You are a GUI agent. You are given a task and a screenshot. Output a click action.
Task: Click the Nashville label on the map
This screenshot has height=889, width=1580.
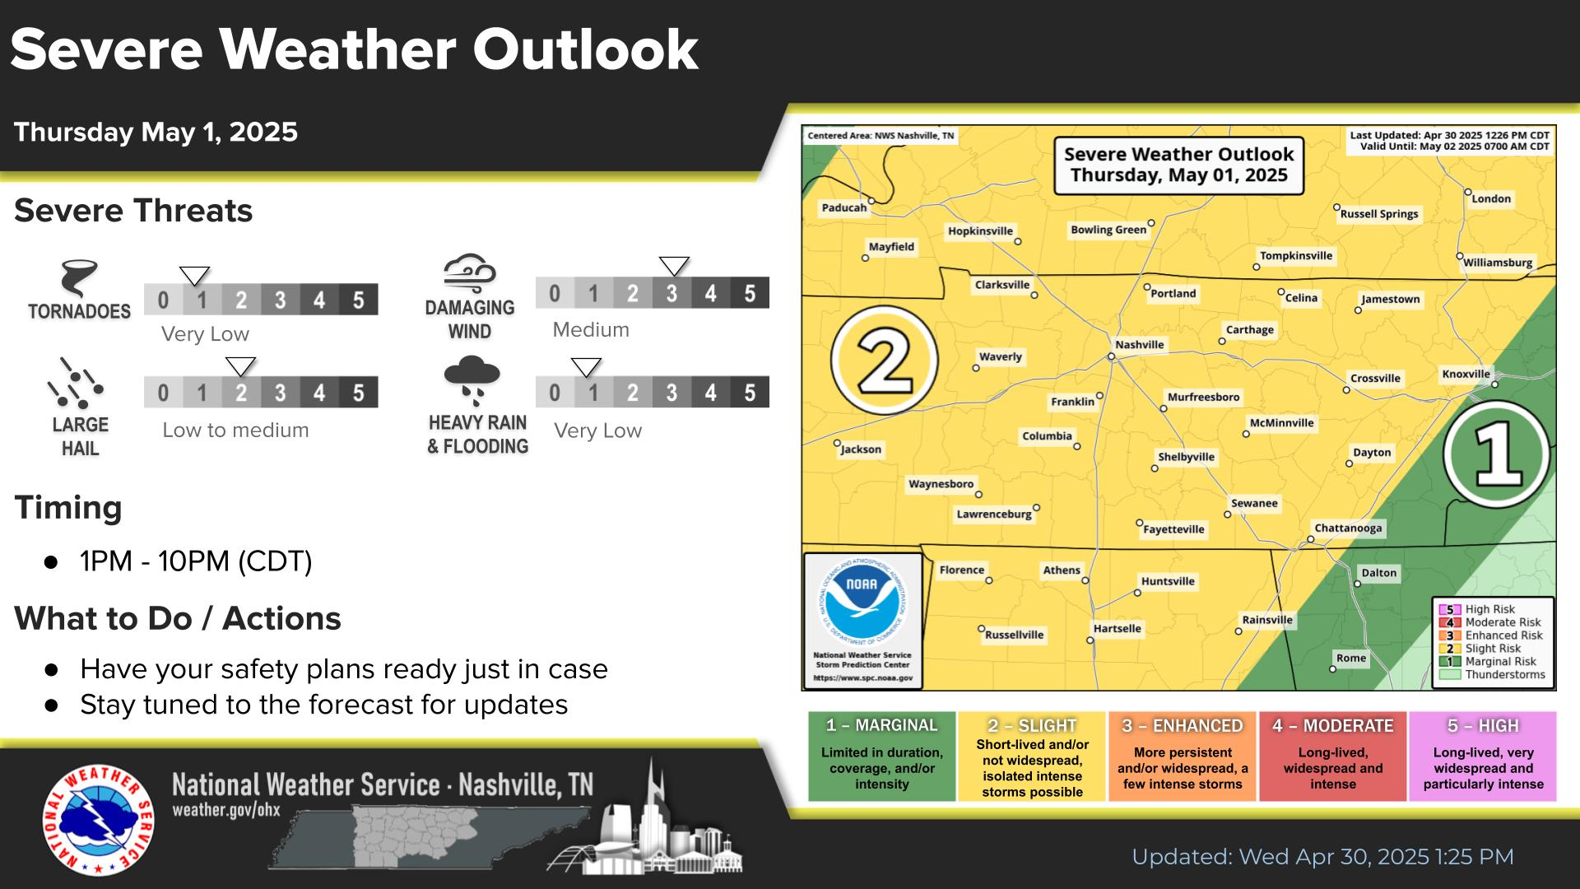coord(1139,345)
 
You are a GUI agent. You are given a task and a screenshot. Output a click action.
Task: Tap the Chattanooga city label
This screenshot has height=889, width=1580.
coord(1348,528)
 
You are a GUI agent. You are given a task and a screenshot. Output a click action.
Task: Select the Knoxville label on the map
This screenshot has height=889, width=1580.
coord(1466,374)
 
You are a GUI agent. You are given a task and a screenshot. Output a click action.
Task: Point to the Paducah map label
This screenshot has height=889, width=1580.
coord(844,207)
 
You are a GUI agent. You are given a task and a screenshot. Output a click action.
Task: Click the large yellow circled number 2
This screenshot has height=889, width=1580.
coord(885,360)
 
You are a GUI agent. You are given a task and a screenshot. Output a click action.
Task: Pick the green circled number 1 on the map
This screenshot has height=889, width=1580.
coord(1498,454)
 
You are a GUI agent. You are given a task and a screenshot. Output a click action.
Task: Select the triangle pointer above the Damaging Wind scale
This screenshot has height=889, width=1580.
coord(674,266)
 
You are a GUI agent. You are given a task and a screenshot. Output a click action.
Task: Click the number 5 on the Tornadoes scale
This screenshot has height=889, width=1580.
coord(358,300)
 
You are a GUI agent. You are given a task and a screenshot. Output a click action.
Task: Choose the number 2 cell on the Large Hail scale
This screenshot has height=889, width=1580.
coord(241,393)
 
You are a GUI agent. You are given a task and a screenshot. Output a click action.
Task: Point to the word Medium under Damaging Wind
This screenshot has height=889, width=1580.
coord(591,330)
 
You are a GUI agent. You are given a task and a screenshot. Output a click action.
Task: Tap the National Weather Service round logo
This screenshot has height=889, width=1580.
coord(99,821)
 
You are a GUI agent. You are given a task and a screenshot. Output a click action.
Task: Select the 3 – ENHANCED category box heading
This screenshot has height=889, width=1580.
coord(1183,726)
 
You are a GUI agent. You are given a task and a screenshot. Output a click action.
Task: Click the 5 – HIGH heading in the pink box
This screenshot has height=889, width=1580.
coord(1483,726)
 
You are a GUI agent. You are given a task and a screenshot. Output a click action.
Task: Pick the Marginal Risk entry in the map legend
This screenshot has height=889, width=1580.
coord(1492,661)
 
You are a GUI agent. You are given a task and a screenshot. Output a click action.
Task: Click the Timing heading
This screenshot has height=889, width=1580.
coord(68,507)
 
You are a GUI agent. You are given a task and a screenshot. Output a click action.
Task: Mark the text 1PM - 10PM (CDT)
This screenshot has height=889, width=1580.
coord(196,561)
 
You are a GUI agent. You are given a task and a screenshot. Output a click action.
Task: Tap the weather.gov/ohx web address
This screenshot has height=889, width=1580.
coord(226,810)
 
